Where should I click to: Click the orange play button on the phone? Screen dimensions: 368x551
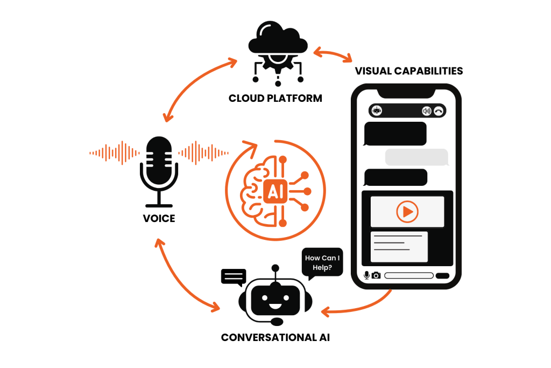pos(407,212)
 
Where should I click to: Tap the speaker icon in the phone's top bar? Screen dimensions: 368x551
pos(426,111)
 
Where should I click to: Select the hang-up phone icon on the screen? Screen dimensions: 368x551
pos(439,111)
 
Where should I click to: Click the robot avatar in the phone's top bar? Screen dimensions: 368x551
pos(377,110)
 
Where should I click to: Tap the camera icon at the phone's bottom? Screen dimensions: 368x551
pos(376,275)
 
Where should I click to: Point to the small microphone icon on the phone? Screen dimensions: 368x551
pos(366,275)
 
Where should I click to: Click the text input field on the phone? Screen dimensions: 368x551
pos(409,275)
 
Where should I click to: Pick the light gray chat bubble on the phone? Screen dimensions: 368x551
pos(416,157)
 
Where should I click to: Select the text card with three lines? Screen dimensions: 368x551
pos(399,247)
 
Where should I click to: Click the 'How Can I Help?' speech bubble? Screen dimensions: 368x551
pos(322,262)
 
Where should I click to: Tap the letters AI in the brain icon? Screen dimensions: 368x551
pos(273,192)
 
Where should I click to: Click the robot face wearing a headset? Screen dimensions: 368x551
pos(275,300)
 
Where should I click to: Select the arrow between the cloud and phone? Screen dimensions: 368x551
pos(333,55)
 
